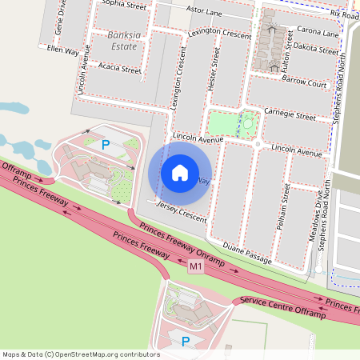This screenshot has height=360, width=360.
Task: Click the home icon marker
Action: pos(180,172)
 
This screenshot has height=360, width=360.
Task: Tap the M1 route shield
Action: pos(196,266)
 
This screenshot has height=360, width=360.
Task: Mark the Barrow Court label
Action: pos(305,83)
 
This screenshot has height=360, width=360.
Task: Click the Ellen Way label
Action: pos(63,50)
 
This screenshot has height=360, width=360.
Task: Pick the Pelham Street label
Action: pos(283,207)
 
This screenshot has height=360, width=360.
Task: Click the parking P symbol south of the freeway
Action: pos(186,342)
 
